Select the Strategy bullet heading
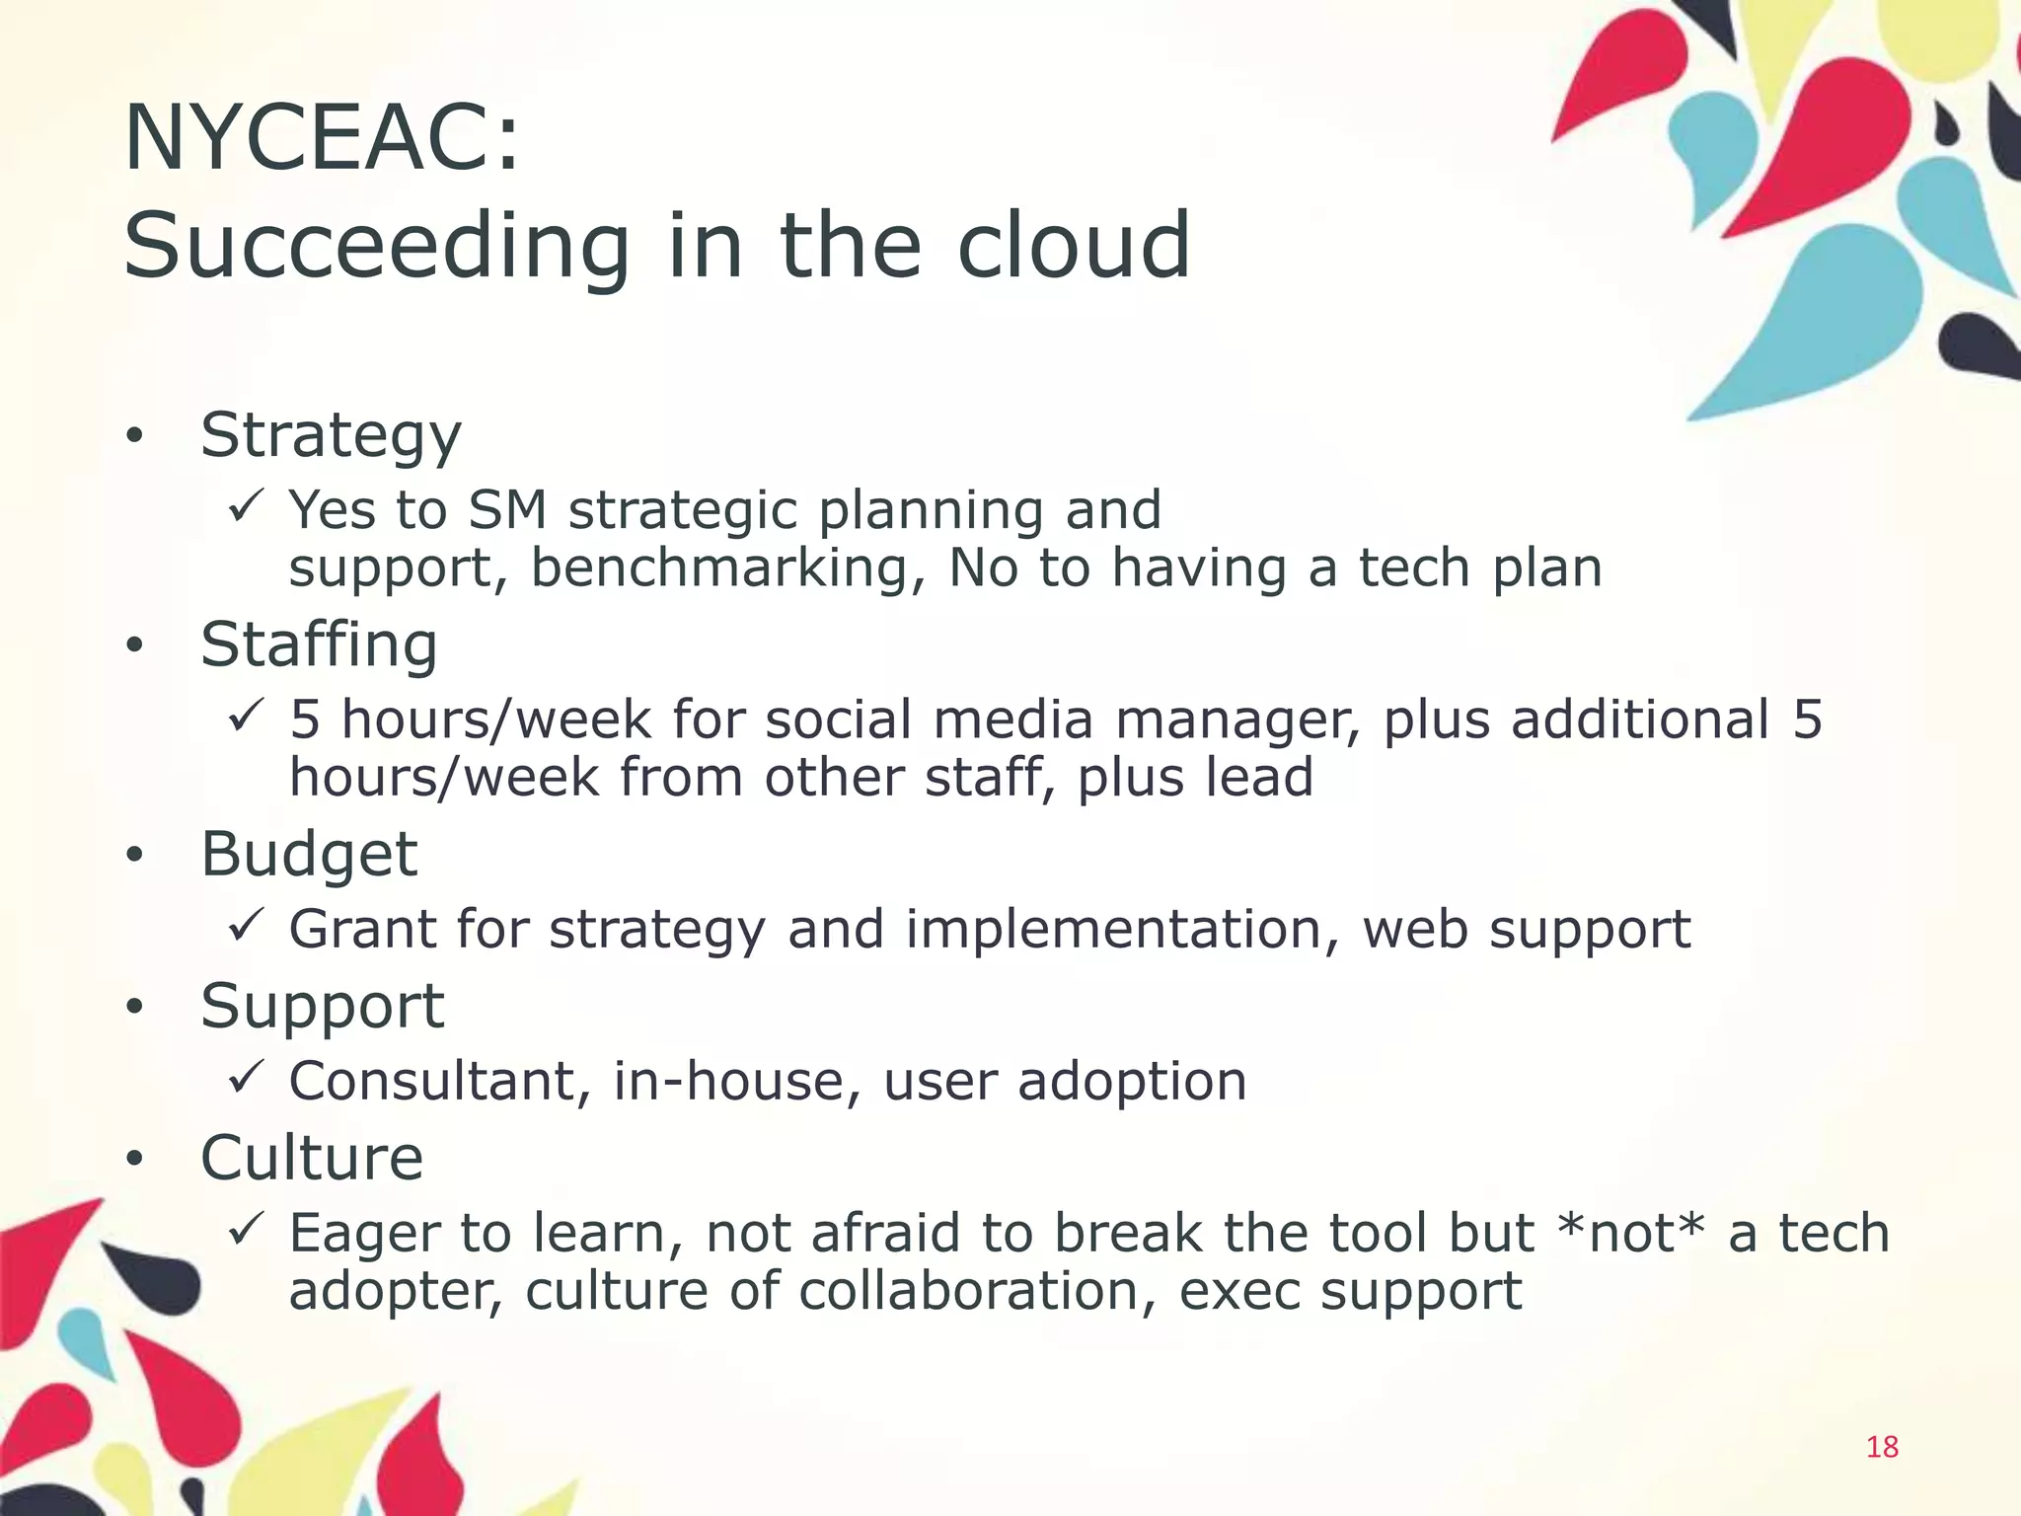pos(331,435)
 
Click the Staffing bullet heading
pos(319,644)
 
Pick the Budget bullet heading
pos(309,854)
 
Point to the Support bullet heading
pos(322,1006)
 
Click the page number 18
pos(1882,1447)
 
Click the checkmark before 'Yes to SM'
pos(244,507)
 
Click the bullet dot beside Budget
pos(135,856)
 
